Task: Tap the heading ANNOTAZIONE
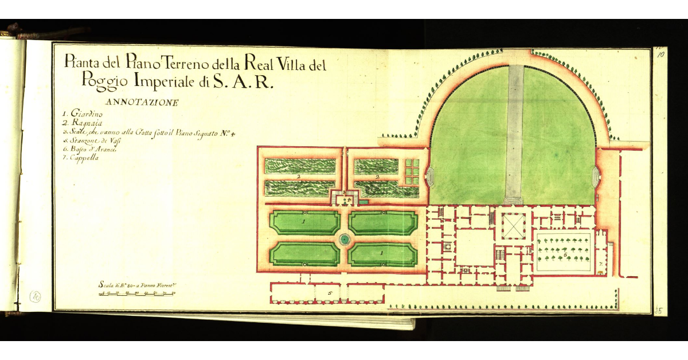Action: coord(142,103)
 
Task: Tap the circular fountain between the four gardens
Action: coord(344,239)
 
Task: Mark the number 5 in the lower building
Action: coord(330,293)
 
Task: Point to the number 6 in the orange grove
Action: coord(565,253)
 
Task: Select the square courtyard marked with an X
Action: coord(514,225)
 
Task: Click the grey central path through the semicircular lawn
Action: coord(514,132)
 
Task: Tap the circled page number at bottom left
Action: coord(36,296)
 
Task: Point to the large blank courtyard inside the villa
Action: coord(473,248)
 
